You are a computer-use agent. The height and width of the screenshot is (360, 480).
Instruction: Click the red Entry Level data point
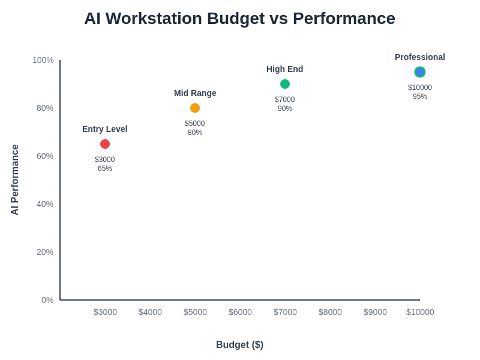point(105,144)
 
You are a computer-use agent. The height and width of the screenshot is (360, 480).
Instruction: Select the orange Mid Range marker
point(195,108)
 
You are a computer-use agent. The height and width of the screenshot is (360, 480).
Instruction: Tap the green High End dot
point(285,84)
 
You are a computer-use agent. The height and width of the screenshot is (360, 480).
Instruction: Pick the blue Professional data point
point(420,72)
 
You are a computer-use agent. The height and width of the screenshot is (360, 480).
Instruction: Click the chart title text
point(239,19)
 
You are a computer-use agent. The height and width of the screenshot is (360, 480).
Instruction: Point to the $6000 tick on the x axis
point(240,312)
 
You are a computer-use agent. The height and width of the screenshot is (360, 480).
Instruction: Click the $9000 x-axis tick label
point(375,312)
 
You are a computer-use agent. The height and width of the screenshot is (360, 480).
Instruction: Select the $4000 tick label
point(150,312)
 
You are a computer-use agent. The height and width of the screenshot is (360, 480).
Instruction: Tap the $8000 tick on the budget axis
point(330,312)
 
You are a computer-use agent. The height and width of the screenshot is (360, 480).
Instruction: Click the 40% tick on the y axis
point(45,204)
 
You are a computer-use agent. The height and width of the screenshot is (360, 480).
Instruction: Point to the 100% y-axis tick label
point(43,60)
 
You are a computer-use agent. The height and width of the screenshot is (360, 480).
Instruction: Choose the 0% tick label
point(47,300)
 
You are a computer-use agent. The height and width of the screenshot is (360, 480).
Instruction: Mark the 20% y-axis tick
point(45,252)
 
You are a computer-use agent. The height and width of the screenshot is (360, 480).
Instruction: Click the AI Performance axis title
point(15,180)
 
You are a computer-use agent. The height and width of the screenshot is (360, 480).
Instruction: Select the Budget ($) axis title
point(239,344)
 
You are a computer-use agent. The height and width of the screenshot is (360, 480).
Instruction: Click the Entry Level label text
point(105,129)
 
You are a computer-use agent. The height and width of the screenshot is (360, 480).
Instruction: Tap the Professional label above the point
point(420,57)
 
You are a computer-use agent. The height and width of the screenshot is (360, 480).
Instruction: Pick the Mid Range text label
point(195,93)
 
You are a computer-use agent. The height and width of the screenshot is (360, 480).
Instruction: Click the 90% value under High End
point(285,109)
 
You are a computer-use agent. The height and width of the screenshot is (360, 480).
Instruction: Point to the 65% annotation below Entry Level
point(105,169)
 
